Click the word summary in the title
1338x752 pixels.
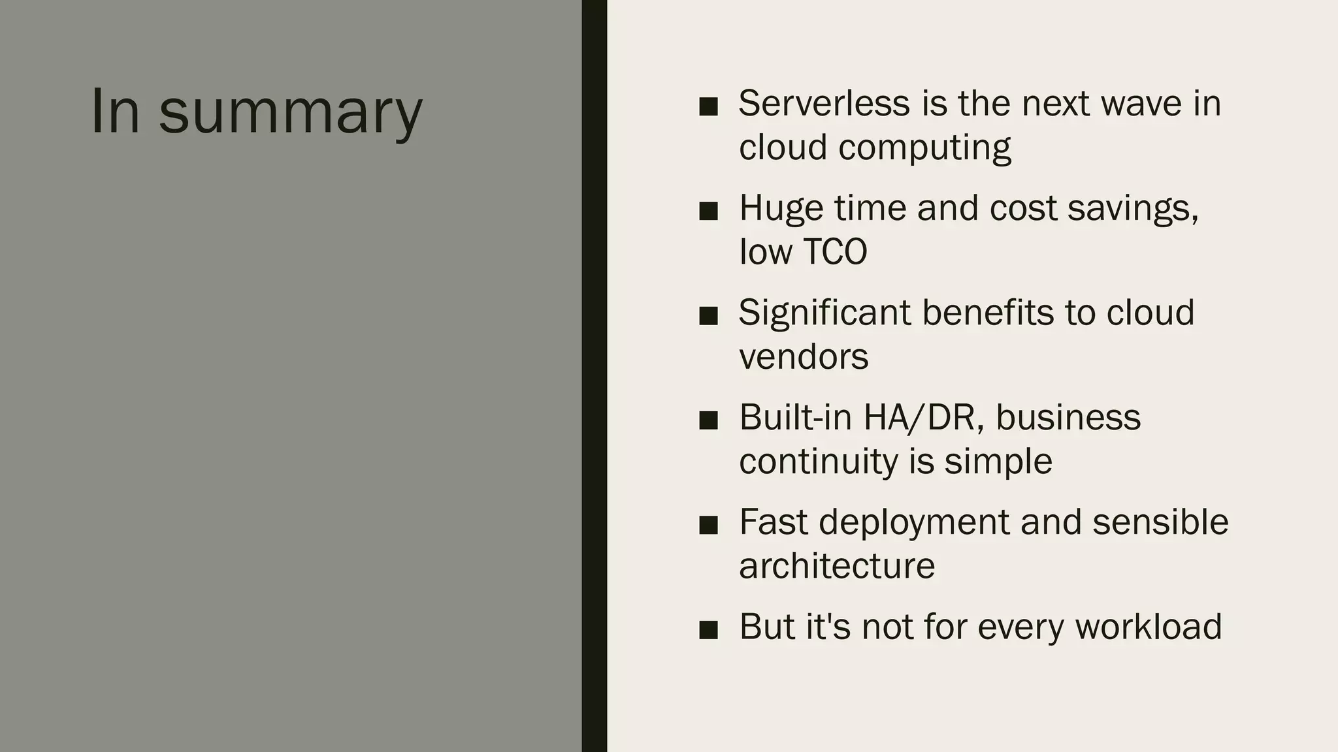click(x=291, y=112)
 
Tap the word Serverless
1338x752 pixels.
click(x=824, y=103)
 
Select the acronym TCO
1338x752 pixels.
click(x=834, y=251)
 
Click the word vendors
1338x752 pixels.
click(x=804, y=356)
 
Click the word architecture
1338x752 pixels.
click(x=837, y=565)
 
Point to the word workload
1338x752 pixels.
click(x=1148, y=627)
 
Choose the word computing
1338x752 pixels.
click(x=924, y=148)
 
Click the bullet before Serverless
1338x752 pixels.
click(x=708, y=106)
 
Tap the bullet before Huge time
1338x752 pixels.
click(x=708, y=211)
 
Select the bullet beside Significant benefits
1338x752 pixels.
click(x=708, y=316)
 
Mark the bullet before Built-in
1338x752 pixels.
click(x=708, y=420)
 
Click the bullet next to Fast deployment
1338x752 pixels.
click(x=708, y=525)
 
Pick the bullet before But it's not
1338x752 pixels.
click(x=708, y=630)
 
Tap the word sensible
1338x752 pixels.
click(x=1160, y=522)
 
